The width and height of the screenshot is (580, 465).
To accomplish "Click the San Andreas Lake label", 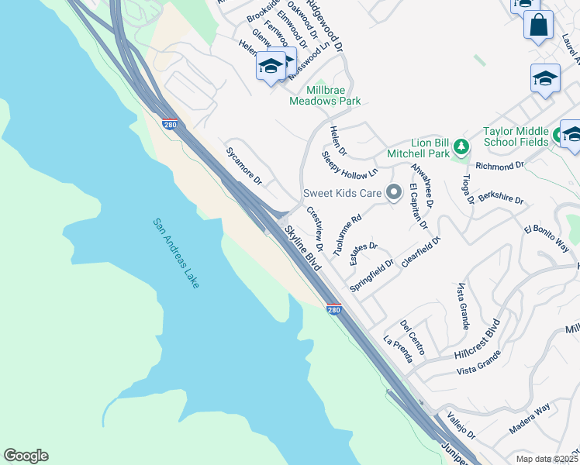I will pyautogui.click(x=176, y=253).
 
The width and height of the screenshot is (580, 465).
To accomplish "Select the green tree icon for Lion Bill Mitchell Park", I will pyautogui.click(x=461, y=146).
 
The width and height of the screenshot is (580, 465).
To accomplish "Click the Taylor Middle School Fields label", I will pyautogui.click(x=516, y=136).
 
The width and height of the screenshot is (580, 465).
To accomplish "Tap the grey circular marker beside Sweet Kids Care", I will pyautogui.click(x=394, y=192).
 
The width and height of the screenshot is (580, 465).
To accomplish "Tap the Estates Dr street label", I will pyautogui.click(x=363, y=253).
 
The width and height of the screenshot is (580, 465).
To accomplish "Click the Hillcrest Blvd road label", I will pyautogui.click(x=479, y=341).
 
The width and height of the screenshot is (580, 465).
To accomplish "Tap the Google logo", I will pyautogui.click(x=26, y=456).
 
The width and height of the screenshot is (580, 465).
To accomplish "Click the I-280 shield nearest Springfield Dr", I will pyautogui.click(x=333, y=309).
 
